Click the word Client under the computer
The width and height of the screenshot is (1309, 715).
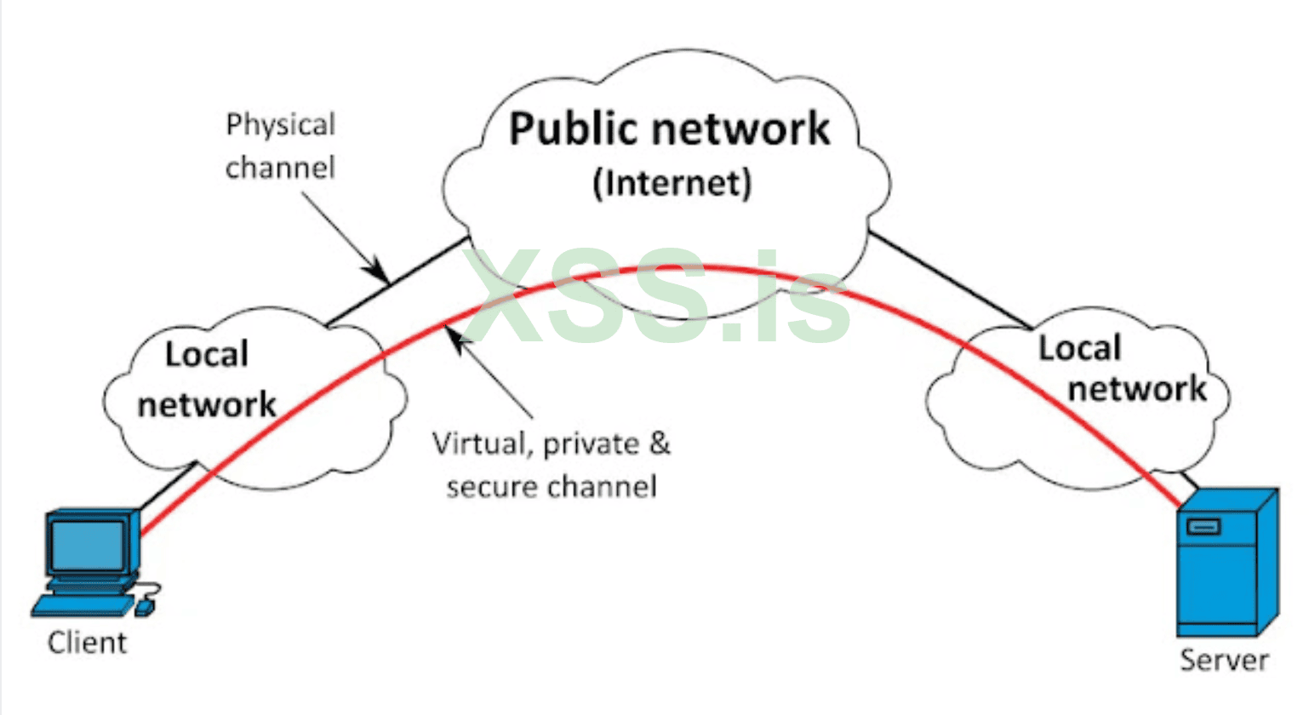(87, 643)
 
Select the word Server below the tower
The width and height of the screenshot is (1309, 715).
(1224, 661)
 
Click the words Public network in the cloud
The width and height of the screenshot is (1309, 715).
(669, 129)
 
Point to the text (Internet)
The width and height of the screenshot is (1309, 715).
(672, 182)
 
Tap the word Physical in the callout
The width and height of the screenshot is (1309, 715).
(281, 125)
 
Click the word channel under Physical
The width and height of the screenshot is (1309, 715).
(280, 167)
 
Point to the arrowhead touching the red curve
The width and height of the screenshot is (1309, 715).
(458, 340)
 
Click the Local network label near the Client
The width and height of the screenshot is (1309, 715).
(207, 380)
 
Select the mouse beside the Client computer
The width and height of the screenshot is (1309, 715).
(146, 605)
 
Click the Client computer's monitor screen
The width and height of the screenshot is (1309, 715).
(87, 545)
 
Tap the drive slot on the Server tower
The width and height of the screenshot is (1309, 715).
(1203, 527)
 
